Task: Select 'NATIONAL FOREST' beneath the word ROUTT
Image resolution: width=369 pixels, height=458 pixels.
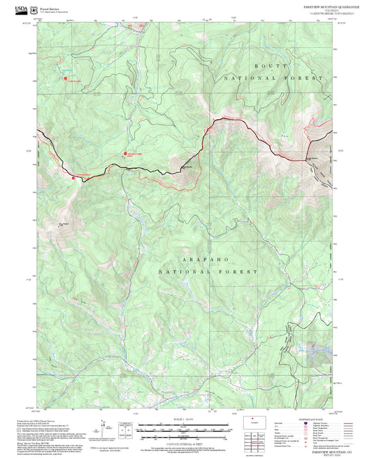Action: point(273,79)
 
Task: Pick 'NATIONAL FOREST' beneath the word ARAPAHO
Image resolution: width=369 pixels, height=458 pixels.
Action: point(208,272)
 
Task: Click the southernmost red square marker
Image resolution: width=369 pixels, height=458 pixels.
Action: point(73,178)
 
